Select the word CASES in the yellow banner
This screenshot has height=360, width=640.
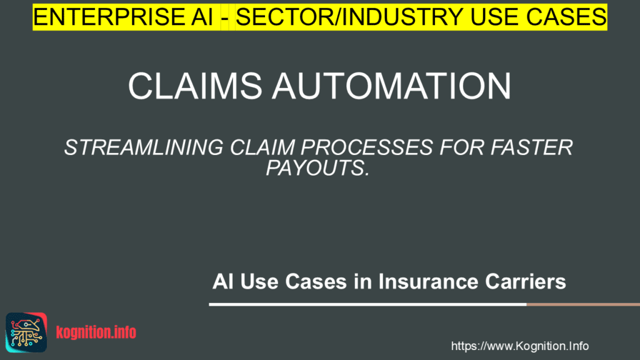click(566, 17)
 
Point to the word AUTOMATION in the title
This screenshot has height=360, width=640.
click(391, 86)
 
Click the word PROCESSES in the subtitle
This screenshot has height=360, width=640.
click(366, 147)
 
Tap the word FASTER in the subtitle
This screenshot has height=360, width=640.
click(532, 147)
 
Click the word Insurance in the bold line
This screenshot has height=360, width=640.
click(428, 281)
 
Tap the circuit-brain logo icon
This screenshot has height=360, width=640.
click(26, 332)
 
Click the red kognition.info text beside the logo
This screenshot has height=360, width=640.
click(96, 332)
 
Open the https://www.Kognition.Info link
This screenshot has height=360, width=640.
click(519, 346)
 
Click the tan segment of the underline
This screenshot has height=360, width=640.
click(583, 304)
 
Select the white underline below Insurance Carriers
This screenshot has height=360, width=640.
click(367, 304)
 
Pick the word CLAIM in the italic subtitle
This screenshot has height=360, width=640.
click(262, 147)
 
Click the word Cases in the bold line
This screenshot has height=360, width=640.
click(316, 281)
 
